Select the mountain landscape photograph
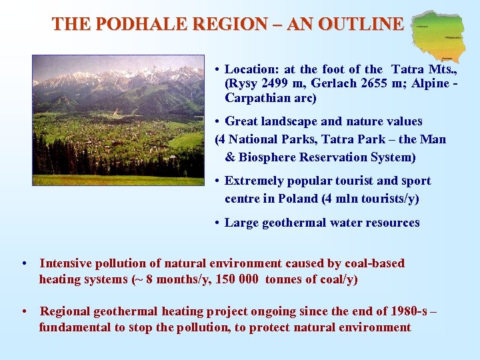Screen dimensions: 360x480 (x=119, y=120)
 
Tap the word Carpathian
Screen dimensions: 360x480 (x=253, y=99)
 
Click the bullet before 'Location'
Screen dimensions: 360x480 (x=218, y=69)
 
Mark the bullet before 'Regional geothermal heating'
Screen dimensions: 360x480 (x=24, y=311)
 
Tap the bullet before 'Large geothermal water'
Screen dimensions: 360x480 (x=218, y=223)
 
